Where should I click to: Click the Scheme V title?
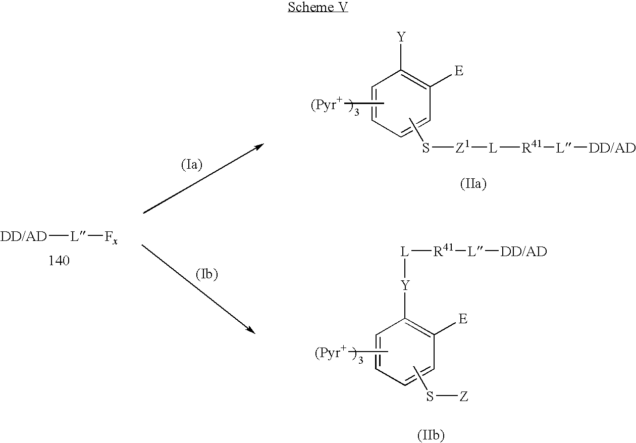pyautogui.click(x=318, y=8)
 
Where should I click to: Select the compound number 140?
pyautogui.click(x=59, y=261)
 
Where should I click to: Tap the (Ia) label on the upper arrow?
pyautogui.click(x=192, y=165)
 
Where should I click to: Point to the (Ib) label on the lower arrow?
pyautogui.click(x=206, y=274)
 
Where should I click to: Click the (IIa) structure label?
pyautogui.click(x=473, y=184)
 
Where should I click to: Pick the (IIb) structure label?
pyautogui.click(x=431, y=434)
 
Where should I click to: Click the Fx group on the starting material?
pyautogui.click(x=112, y=237)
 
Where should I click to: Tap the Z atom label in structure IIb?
pyautogui.click(x=463, y=397)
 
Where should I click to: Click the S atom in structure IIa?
pyautogui.click(x=426, y=150)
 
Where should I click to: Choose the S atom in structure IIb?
pyautogui.click(x=430, y=397)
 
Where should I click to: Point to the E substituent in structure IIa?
pyautogui.click(x=459, y=71)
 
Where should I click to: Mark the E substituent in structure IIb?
pyautogui.click(x=462, y=319)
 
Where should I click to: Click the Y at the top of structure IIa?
pyautogui.click(x=401, y=37)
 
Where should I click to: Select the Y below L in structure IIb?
pyautogui.click(x=405, y=286)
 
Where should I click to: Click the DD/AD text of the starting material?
pyautogui.click(x=24, y=237)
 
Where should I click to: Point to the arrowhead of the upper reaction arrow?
pyautogui.click(x=260, y=145)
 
